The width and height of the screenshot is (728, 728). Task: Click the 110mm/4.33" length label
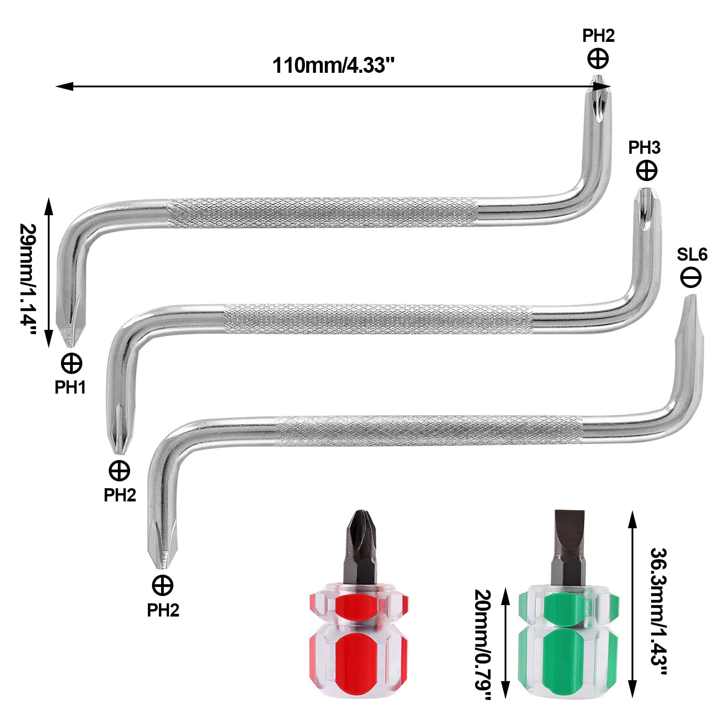[333, 66]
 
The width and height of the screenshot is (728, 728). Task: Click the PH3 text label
[644, 148]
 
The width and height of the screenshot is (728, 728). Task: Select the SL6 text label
[692, 255]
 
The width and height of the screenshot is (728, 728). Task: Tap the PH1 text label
[70, 387]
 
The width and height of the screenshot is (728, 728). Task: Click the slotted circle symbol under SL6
[691, 277]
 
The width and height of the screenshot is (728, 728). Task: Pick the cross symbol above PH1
[71, 364]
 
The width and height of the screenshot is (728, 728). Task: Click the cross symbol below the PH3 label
[647, 171]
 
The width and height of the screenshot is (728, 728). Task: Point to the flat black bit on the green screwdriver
[567, 541]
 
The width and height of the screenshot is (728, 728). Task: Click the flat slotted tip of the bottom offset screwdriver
[689, 318]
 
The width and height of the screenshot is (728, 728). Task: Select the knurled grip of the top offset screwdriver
[323, 212]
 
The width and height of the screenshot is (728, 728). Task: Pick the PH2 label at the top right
[598, 36]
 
